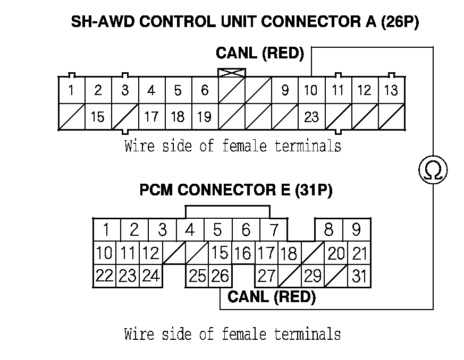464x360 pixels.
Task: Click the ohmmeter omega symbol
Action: coord(433,170)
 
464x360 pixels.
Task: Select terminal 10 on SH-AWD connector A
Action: coord(311,90)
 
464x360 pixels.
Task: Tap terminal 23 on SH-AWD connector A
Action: coord(311,116)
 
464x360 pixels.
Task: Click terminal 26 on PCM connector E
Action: coord(219,276)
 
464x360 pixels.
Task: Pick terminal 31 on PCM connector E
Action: coord(359,276)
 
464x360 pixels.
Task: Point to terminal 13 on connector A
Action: coord(391,90)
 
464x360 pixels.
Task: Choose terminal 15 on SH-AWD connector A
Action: coord(98,116)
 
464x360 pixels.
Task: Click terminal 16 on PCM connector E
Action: coord(242,253)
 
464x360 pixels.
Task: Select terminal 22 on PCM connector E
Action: coord(104,276)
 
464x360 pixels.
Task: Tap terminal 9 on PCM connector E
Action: coord(356,230)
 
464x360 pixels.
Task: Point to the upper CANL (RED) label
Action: coord(259,53)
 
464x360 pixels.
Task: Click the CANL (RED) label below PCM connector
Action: coord(271,297)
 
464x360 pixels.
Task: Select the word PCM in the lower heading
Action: coord(156,190)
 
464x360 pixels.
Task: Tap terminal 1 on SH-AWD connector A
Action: coord(71,90)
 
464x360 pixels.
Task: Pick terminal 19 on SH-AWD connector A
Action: coord(205,116)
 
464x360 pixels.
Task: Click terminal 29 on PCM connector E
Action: coord(313,276)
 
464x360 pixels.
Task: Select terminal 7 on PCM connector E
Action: coord(273,230)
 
